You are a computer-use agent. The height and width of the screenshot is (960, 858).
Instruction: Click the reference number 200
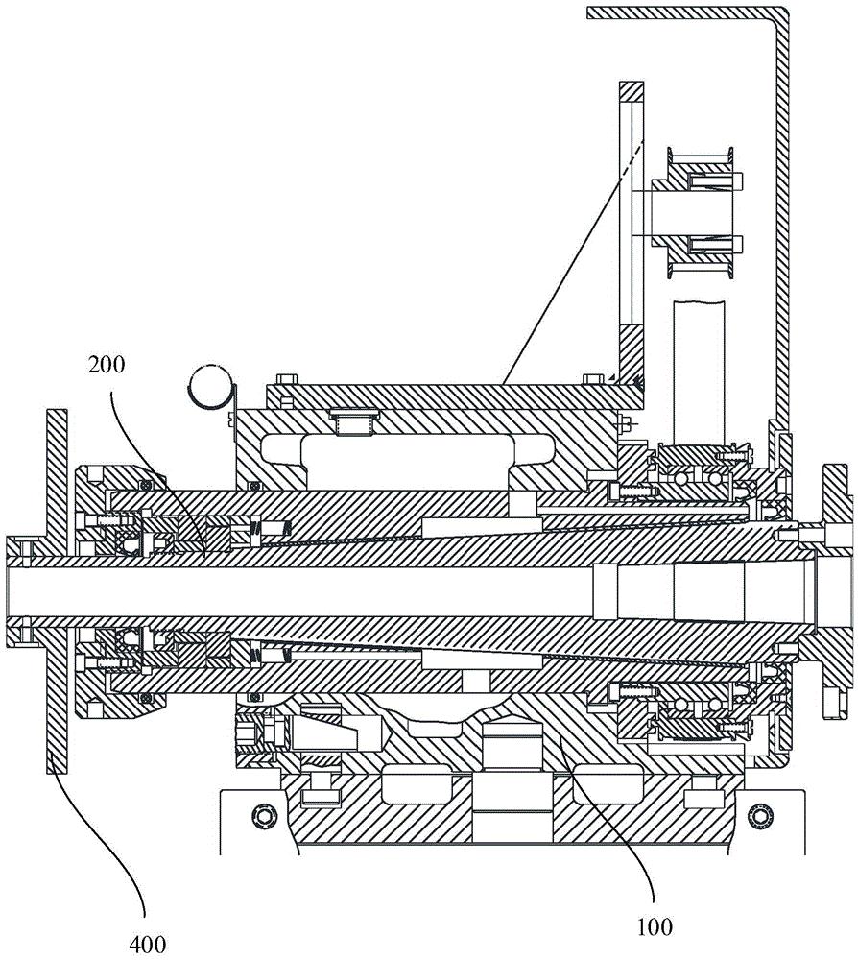tap(107, 365)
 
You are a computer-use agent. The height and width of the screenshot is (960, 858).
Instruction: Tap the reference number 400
tap(148, 944)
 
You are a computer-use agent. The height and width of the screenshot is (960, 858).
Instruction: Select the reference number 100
tap(655, 926)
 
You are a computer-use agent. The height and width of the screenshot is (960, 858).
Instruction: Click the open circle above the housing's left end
tap(210, 386)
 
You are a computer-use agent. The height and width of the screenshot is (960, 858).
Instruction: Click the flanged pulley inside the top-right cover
tap(698, 212)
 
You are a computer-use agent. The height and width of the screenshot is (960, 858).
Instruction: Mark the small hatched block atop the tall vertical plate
tap(631, 91)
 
